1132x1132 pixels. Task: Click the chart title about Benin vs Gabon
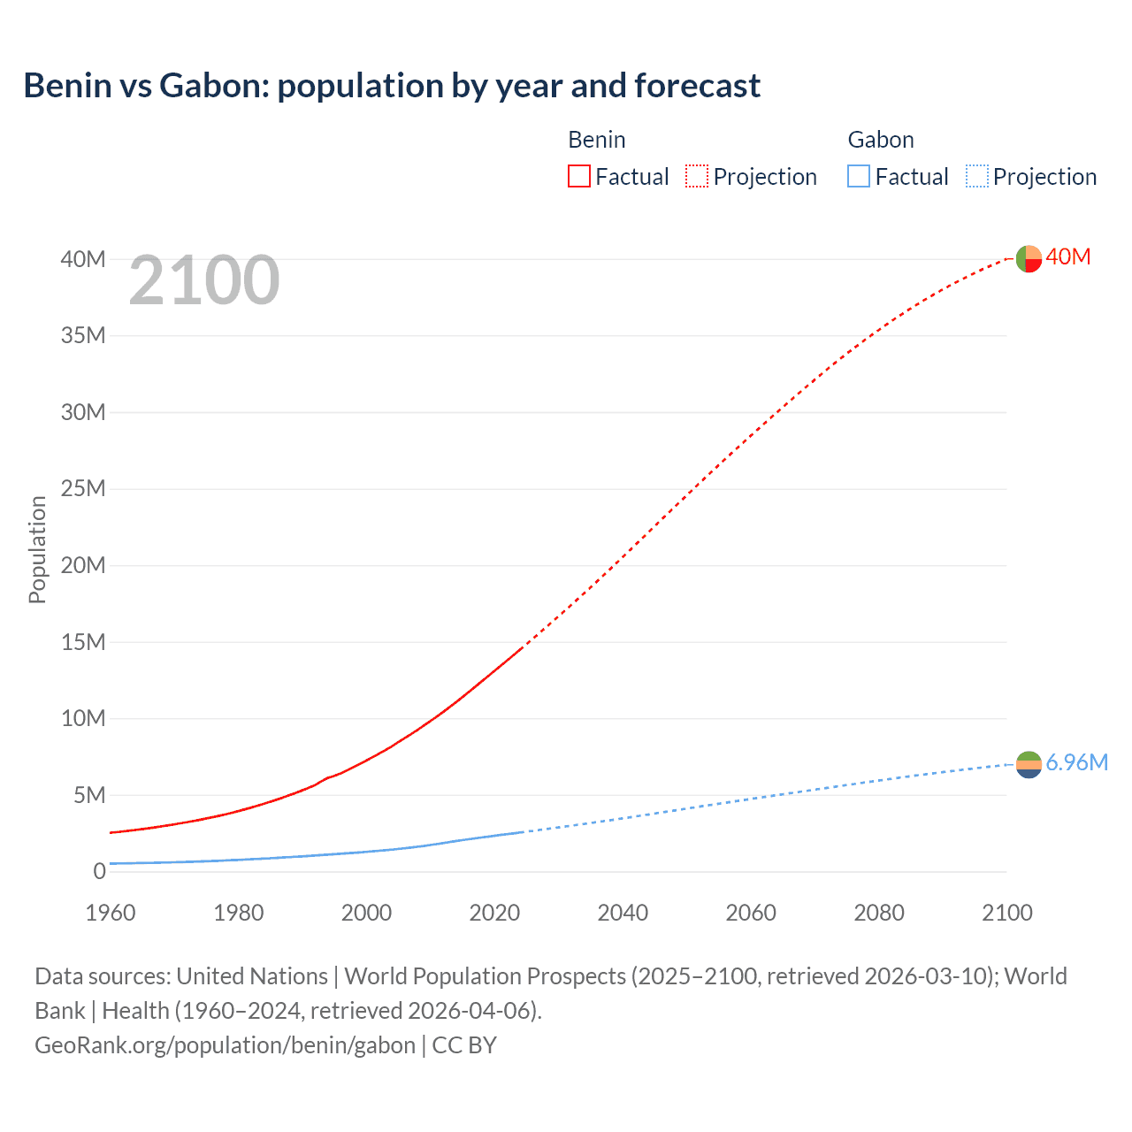tap(392, 86)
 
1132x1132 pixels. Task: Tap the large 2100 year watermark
tap(204, 280)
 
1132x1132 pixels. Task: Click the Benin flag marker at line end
tap(1029, 258)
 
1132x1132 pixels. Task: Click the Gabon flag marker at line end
tap(1029, 764)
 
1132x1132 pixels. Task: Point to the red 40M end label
tap(1068, 257)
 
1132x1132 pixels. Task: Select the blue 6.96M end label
tap(1076, 763)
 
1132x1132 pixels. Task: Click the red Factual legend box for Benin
tap(578, 177)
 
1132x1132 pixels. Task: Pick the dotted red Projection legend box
tap(696, 177)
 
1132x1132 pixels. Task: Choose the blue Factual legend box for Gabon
tap(858, 177)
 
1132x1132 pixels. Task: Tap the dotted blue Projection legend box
tap(976, 177)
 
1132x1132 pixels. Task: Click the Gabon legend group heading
tap(880, 140)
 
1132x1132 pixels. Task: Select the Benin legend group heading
tap(596, 140)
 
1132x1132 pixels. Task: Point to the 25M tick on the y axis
tap(83, 489)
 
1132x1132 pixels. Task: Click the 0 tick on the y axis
tap(99, 872)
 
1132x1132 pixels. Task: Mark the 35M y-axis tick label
tap(83, 336)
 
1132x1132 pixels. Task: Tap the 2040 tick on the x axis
tap(623, 913)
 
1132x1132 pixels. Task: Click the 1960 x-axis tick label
tap(111, 913)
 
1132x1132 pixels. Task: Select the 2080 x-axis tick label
tap(879, 913)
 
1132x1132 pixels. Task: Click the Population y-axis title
tap(37, 549)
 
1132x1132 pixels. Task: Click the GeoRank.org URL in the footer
tap(225, 1045)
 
